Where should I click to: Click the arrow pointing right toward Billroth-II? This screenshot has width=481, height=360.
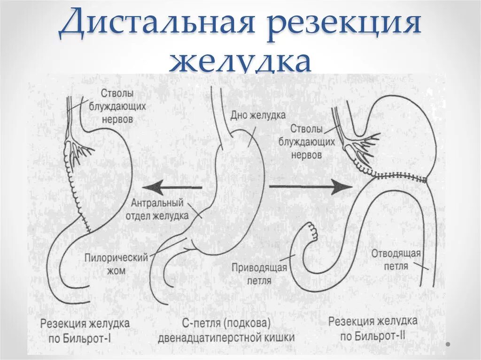(310, 186)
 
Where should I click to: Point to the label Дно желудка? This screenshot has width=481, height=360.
(258, 115)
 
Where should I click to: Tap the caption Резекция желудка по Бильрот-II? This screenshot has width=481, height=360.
(372, 329)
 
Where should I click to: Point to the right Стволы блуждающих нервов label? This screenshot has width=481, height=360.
(306, 141)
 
